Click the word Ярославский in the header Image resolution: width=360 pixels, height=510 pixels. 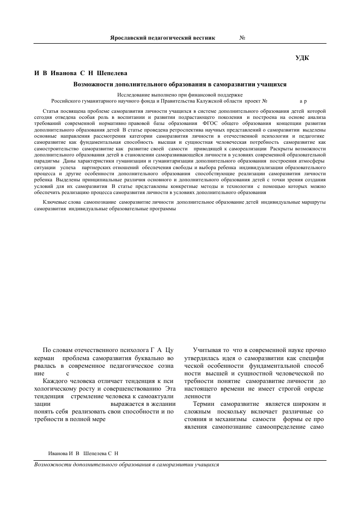click(x=129, y=38)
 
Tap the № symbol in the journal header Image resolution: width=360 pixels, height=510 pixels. click(x=242, y=38)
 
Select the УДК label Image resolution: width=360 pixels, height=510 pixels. click(x=303, y=58)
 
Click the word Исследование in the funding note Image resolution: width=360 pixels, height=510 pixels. click(x=133, y=94)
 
